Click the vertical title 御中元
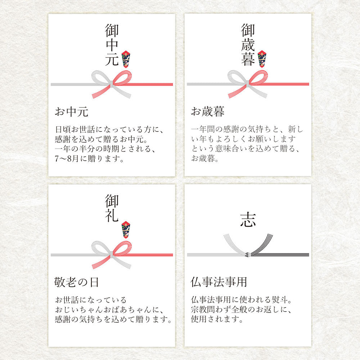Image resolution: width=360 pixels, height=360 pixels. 112,45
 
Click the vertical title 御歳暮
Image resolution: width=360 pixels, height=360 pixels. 248,45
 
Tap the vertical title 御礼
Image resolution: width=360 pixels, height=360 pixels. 112,208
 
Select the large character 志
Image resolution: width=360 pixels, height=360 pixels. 248,220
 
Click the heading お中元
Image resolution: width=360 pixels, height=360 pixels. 71,112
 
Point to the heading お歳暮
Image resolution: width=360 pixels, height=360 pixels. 208,112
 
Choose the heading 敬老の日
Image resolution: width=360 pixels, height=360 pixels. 76,282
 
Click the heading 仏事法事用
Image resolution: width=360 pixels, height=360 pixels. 219,282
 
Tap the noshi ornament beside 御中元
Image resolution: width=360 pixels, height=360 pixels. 126,59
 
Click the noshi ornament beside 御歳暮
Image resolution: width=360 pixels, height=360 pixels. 262,59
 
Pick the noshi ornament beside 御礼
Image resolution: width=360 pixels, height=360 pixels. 126,230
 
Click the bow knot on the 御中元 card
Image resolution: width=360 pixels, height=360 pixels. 112,84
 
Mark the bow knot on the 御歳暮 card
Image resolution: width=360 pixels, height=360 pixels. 248,84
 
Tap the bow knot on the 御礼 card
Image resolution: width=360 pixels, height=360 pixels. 112,255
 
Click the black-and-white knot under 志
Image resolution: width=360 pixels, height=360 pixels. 248,255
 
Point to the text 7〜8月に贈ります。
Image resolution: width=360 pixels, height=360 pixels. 89,159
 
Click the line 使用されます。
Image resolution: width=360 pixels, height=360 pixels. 217,319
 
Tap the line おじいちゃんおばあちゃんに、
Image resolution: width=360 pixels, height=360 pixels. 109,310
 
